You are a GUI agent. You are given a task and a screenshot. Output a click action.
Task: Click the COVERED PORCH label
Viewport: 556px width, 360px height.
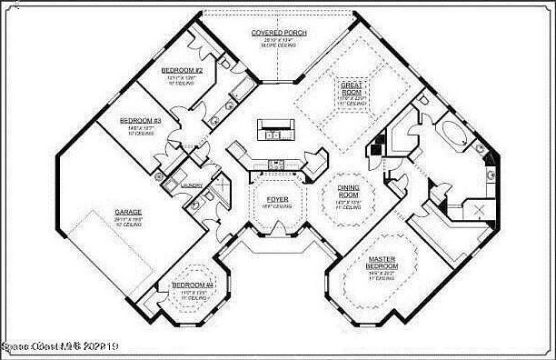279,33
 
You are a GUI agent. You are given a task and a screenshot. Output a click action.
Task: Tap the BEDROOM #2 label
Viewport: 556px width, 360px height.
182,70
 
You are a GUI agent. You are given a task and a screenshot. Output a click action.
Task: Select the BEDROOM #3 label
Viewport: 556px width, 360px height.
141,120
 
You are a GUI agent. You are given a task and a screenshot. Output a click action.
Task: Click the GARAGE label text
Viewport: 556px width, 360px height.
128,212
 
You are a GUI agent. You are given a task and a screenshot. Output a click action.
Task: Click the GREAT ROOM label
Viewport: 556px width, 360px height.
352,88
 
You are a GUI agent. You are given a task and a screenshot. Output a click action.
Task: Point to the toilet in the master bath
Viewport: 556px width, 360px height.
491,172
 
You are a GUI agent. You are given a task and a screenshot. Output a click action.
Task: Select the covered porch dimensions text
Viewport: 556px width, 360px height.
278,41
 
